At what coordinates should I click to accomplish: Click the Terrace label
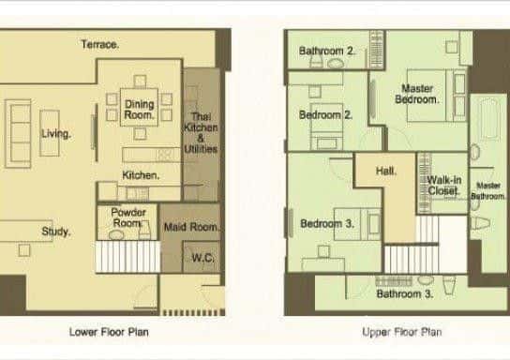(99, 44)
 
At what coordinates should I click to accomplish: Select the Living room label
(55, 134)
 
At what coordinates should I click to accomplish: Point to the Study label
(54, 232)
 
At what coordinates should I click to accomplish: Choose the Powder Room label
(128, 217)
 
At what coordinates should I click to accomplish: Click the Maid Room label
(199, 228)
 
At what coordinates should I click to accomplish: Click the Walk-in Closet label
(443, 185)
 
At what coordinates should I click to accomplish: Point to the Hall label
(384, 172)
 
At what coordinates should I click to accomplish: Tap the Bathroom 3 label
(404, 293)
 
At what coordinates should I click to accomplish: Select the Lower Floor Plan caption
(108, 332)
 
